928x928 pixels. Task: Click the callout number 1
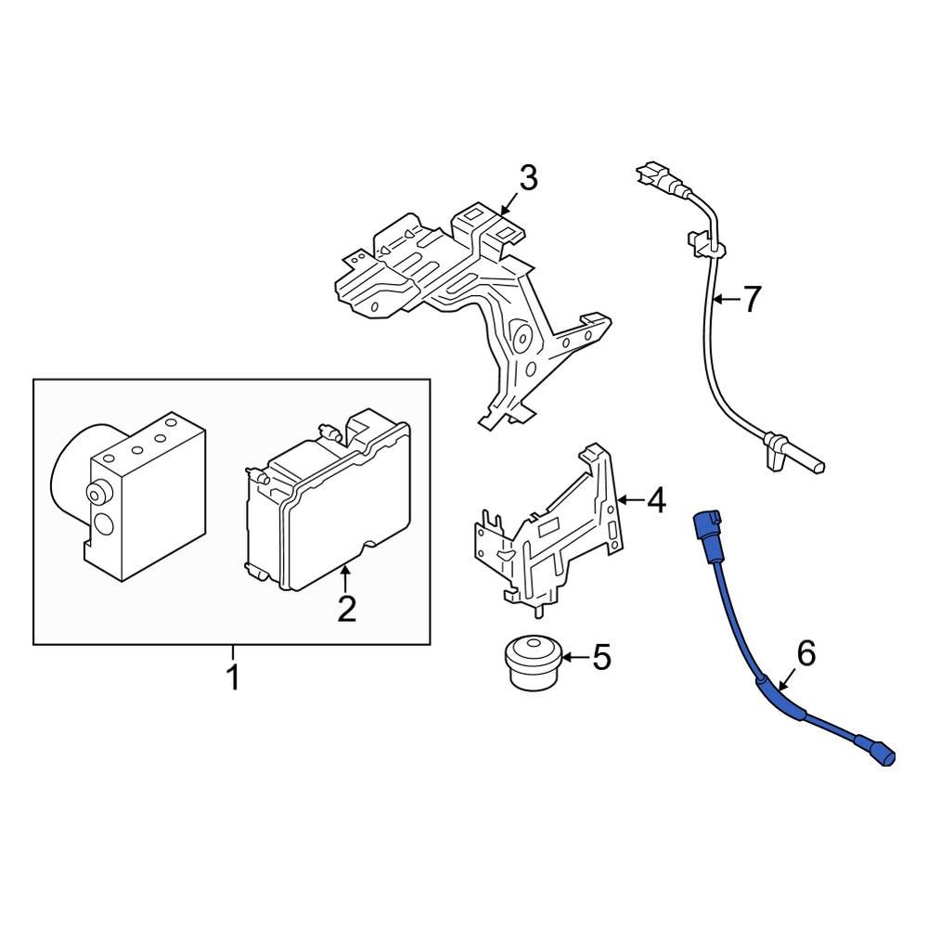point(233,676)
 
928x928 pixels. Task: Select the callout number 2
point(345,609)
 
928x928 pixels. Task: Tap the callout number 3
point(527,178)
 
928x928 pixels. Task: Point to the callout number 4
point(655,501)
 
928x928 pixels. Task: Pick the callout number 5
point(601,658)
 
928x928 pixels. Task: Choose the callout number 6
point(806,654)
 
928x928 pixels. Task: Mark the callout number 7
point(752,299)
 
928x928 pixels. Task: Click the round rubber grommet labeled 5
point(533,662)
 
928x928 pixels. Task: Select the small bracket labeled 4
point(548,529)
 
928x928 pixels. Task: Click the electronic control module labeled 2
point(329,510)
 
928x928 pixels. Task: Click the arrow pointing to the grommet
point(574,658)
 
